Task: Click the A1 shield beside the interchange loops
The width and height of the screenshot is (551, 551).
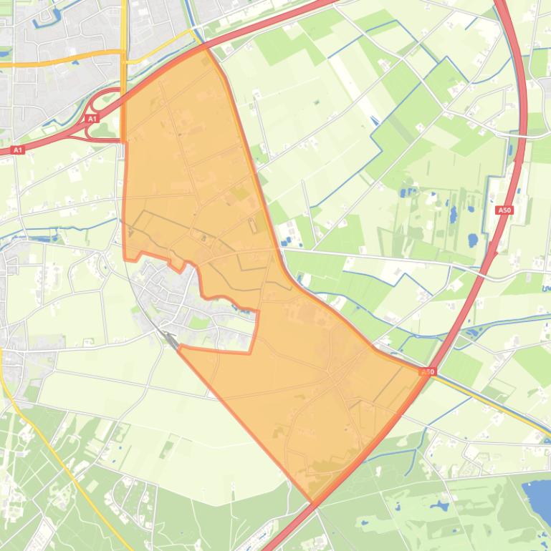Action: click(91, 119)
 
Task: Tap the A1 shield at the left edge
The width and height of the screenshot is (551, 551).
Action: click(18, 150)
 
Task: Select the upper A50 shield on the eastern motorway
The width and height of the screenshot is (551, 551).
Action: click(504, 210)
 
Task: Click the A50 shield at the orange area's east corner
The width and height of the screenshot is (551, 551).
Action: click(427, 372)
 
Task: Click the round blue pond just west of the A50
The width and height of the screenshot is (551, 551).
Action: click(472, 240)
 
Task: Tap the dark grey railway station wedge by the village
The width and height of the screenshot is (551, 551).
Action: click(171, 339)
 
